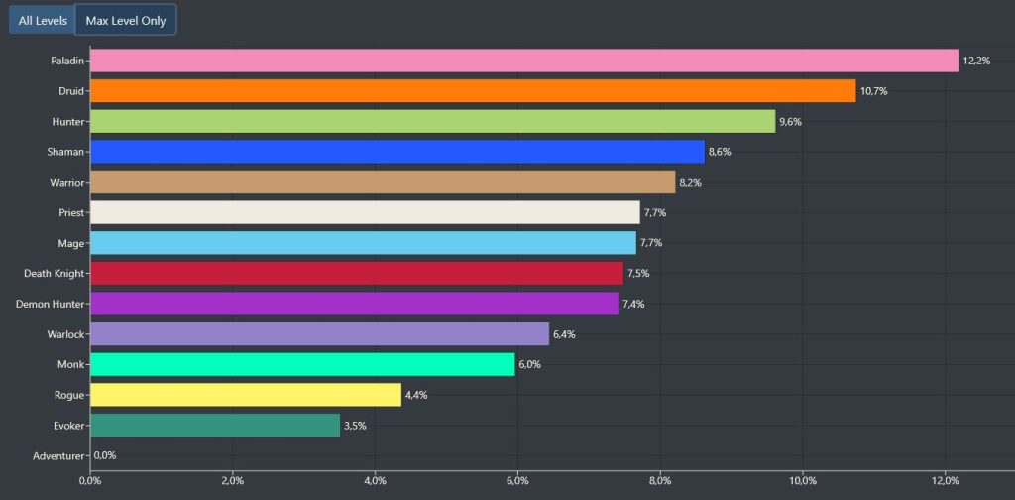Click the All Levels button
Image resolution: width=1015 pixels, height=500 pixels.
(43, 20)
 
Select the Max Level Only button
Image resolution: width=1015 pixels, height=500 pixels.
(126, 20)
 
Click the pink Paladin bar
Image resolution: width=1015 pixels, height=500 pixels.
(523, 61)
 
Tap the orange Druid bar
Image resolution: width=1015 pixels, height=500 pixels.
(472, 91)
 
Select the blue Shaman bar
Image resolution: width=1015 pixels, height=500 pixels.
(396, 152)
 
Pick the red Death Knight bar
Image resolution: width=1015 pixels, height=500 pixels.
(356, 273)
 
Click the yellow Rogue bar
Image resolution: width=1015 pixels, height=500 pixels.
(245, 395)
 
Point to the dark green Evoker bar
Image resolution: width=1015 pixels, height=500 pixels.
(214, 426)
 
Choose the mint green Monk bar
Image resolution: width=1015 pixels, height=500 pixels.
(302, 364)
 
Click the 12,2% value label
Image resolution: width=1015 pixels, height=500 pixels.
(976, 61)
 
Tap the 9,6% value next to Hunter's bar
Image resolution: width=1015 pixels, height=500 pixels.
(791, 122)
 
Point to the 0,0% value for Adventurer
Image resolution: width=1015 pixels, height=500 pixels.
(105, 455)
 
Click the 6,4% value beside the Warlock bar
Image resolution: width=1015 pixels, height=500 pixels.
(564, 334)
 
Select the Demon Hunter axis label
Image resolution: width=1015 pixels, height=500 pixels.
(51, 304)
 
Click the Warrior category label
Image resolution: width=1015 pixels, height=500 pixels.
(66, 183)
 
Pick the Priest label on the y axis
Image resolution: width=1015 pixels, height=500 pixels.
(71, 212)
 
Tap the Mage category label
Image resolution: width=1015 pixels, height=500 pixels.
(71, 243)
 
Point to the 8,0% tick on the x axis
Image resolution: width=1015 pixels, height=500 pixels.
(660, 482)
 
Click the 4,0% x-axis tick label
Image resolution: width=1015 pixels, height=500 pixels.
(375, 482)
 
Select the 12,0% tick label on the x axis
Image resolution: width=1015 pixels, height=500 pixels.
(945, 482)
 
